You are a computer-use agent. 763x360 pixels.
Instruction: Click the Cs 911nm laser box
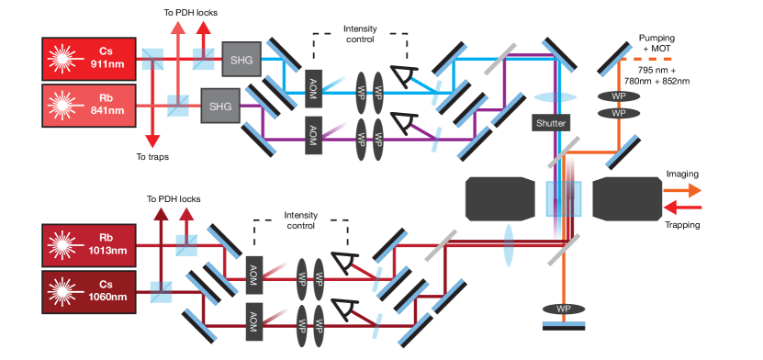coord(89,58)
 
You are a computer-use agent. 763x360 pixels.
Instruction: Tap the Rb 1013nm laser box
coord(89,244)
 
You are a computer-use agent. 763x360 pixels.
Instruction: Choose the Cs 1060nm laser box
coord(89,292)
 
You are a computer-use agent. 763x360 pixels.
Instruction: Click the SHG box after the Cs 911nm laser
coord(241,60)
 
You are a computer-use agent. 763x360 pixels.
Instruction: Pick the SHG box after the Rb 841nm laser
coord(220,106)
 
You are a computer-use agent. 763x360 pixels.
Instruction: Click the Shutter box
coord(551,123)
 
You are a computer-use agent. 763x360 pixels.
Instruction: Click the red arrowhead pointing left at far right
coord(668,208)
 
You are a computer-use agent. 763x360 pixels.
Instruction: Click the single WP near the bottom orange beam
coord(564,308)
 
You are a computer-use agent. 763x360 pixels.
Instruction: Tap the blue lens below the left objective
coord(507,247)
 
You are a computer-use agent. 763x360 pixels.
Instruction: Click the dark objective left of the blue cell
coord(499,199)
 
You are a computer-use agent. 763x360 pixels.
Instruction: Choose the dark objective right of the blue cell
coord(626,199)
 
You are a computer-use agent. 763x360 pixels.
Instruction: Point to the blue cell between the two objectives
coord(563,199)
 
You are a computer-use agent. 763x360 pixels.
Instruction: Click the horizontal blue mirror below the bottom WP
coord(564,324)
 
